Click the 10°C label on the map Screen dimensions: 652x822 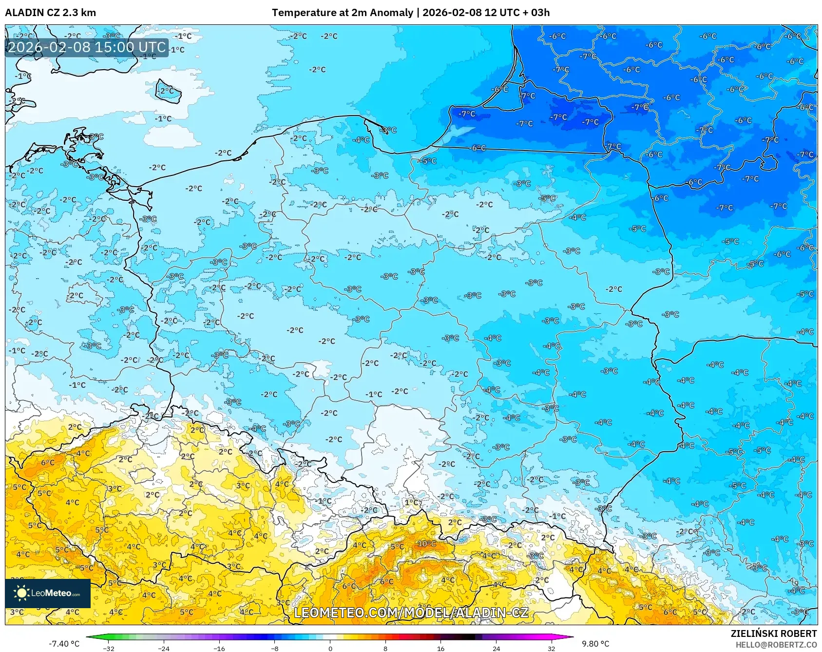[426, 544]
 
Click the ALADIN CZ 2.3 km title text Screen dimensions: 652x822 [50, 13]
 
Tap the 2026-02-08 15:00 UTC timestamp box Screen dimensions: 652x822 [87, 48]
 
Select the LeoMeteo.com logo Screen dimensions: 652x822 [48, 593]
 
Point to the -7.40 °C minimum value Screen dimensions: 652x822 [64, 644]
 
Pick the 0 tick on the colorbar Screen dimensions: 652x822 [330, 648]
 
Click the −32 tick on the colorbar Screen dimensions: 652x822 [109, 648]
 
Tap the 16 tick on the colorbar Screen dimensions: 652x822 [440, 648]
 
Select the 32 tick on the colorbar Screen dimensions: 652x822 [551, 648]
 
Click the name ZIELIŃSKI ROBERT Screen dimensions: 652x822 [773, 633]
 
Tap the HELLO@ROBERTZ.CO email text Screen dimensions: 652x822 [776, 645]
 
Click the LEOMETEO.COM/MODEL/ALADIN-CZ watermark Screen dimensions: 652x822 [411, 613]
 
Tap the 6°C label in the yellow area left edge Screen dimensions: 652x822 [47, 462]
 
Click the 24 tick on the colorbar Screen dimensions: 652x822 [496, 648]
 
